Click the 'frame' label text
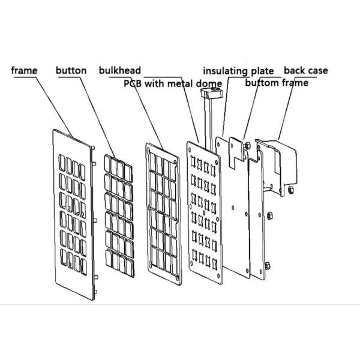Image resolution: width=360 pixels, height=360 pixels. point(25,70)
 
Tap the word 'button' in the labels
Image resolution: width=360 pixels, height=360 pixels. point(71,70)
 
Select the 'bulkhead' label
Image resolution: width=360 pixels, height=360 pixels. point(120,70)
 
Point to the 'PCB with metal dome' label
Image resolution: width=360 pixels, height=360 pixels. point(173,83)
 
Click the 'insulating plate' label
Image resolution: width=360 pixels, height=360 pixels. point(238,71)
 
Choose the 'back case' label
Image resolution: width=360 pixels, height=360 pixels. point(305,70)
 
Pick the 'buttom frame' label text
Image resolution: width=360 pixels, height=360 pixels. point(277,82)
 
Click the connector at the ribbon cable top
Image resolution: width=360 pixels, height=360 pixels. point(211,92)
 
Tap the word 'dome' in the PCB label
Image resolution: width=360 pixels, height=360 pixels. point(211,83)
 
